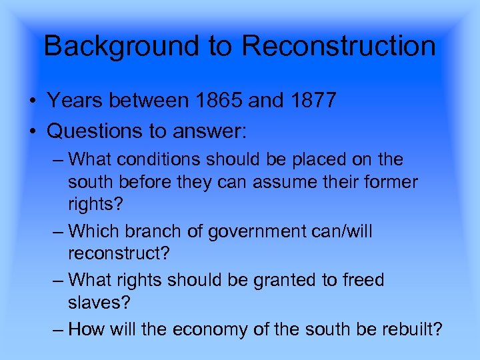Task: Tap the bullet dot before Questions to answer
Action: [32, 130]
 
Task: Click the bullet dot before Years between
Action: [32, 101]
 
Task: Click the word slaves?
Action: [99, 302]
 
